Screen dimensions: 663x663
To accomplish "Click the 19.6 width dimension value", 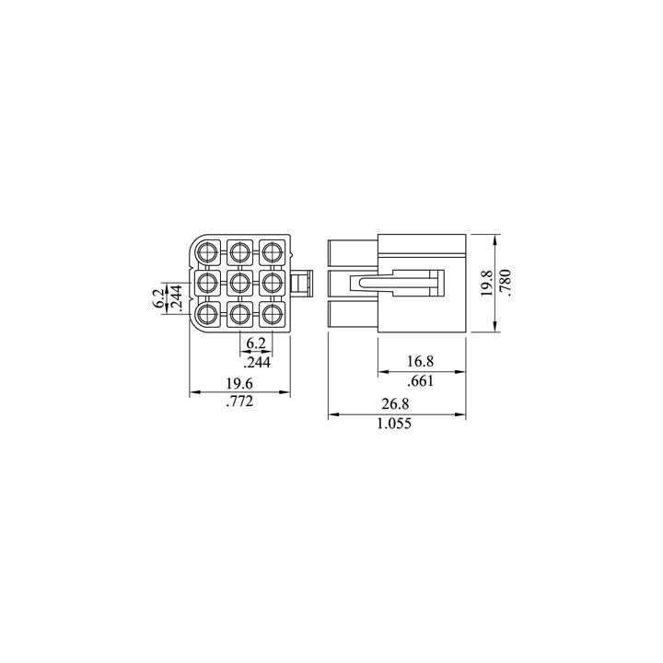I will coord(238,383).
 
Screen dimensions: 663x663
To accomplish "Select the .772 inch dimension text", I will coord(238,402).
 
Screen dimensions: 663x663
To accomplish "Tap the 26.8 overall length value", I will coord(397,404).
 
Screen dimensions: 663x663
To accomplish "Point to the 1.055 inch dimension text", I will coord(397,424).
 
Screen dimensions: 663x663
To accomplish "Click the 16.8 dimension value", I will coord(421,361).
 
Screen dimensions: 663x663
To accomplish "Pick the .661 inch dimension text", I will coord(421,380).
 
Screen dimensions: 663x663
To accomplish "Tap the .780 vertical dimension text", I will coord(506,284).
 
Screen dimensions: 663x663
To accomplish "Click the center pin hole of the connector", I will coord(239,283).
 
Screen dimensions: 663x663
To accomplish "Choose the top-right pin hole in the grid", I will coord(271,251).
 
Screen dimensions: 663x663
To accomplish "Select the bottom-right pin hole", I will coord(271,315).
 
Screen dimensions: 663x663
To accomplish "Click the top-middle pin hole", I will coord(239,251).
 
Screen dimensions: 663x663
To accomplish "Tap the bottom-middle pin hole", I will coord(239,315).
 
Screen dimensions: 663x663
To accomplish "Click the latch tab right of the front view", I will coord(303,283).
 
